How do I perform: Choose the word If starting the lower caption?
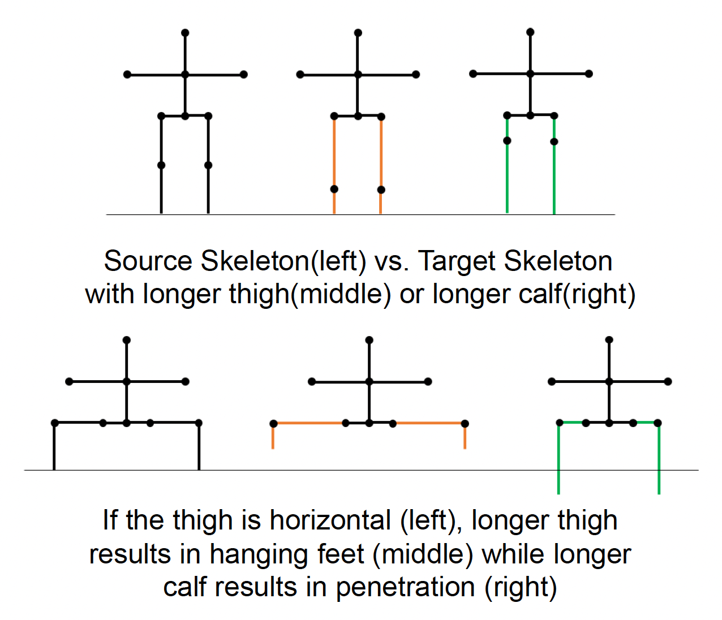click(x=110, y=520)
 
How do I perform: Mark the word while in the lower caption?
click(x=513, y=554)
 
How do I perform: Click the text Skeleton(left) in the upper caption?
click(x=283, y=261)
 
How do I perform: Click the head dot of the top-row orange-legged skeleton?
click(x=358, y=33)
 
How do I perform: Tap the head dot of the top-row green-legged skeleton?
click(x=530, y=32)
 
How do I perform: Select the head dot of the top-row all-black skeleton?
click(x=185, y=33)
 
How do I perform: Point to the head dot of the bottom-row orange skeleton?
click(x=369, y=340)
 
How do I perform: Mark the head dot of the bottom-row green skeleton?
click(x=609, y=340)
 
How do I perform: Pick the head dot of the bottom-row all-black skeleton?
click(x=127, y=340)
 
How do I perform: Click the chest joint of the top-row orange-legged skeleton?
click(x=358, y=74)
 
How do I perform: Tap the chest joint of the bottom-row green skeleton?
click(x=609, y=382)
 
